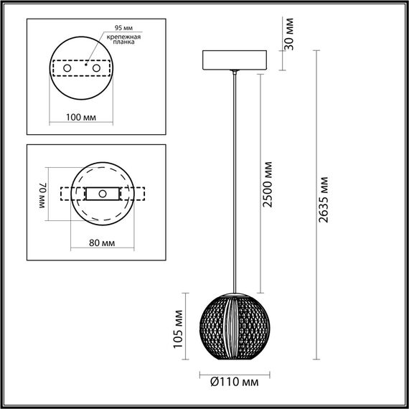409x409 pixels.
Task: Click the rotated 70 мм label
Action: click(42, 194)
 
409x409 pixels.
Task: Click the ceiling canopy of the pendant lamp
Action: click(235, 60)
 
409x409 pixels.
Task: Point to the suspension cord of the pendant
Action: click(235, 179)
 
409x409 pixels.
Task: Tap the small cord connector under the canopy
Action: click(235, 73)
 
